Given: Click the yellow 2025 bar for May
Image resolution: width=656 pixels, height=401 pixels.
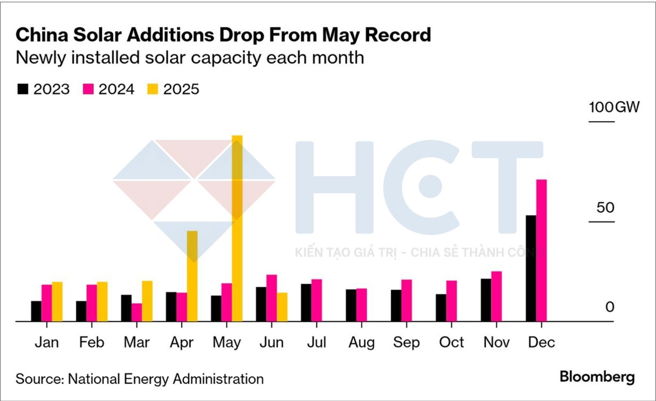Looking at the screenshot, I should [x=237, y=228].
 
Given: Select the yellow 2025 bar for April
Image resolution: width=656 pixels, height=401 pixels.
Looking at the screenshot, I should [x=192, y=276].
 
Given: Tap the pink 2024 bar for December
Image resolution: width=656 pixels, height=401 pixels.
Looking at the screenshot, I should [x=542, y=250].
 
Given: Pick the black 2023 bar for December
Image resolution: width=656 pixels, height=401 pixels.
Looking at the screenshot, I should [x=531, y=268].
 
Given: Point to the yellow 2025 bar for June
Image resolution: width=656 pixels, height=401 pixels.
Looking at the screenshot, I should [x=282, y=307].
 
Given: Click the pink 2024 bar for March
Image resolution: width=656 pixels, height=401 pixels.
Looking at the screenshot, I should [x=137, y=312].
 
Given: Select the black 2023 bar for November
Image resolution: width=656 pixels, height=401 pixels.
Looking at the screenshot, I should [x=486, y=300].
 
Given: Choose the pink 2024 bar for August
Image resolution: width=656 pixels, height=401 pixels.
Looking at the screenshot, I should [x=361, y=305].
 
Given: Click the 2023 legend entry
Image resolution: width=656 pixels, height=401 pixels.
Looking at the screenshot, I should [x=43, y=89].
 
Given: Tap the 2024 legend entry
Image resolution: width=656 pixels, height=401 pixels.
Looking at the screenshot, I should [x=109, y=89].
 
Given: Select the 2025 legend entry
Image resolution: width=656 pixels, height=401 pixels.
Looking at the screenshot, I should [x=173, y=89].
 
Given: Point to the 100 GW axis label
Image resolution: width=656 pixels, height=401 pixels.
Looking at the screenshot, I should [x=614, y=107].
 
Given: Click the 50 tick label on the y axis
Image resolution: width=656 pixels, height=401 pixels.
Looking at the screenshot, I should [x=605, y=208].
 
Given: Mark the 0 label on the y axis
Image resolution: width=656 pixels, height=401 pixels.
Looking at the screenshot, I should [x=610, y=307].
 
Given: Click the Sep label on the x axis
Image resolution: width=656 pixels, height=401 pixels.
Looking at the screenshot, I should [x=406, y=342].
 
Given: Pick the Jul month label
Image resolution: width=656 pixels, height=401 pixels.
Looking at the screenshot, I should [x=317, y=342].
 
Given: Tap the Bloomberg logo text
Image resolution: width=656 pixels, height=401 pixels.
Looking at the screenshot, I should [x=597, y=377].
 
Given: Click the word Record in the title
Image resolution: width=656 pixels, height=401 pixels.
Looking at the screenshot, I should [x=398, y=35].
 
